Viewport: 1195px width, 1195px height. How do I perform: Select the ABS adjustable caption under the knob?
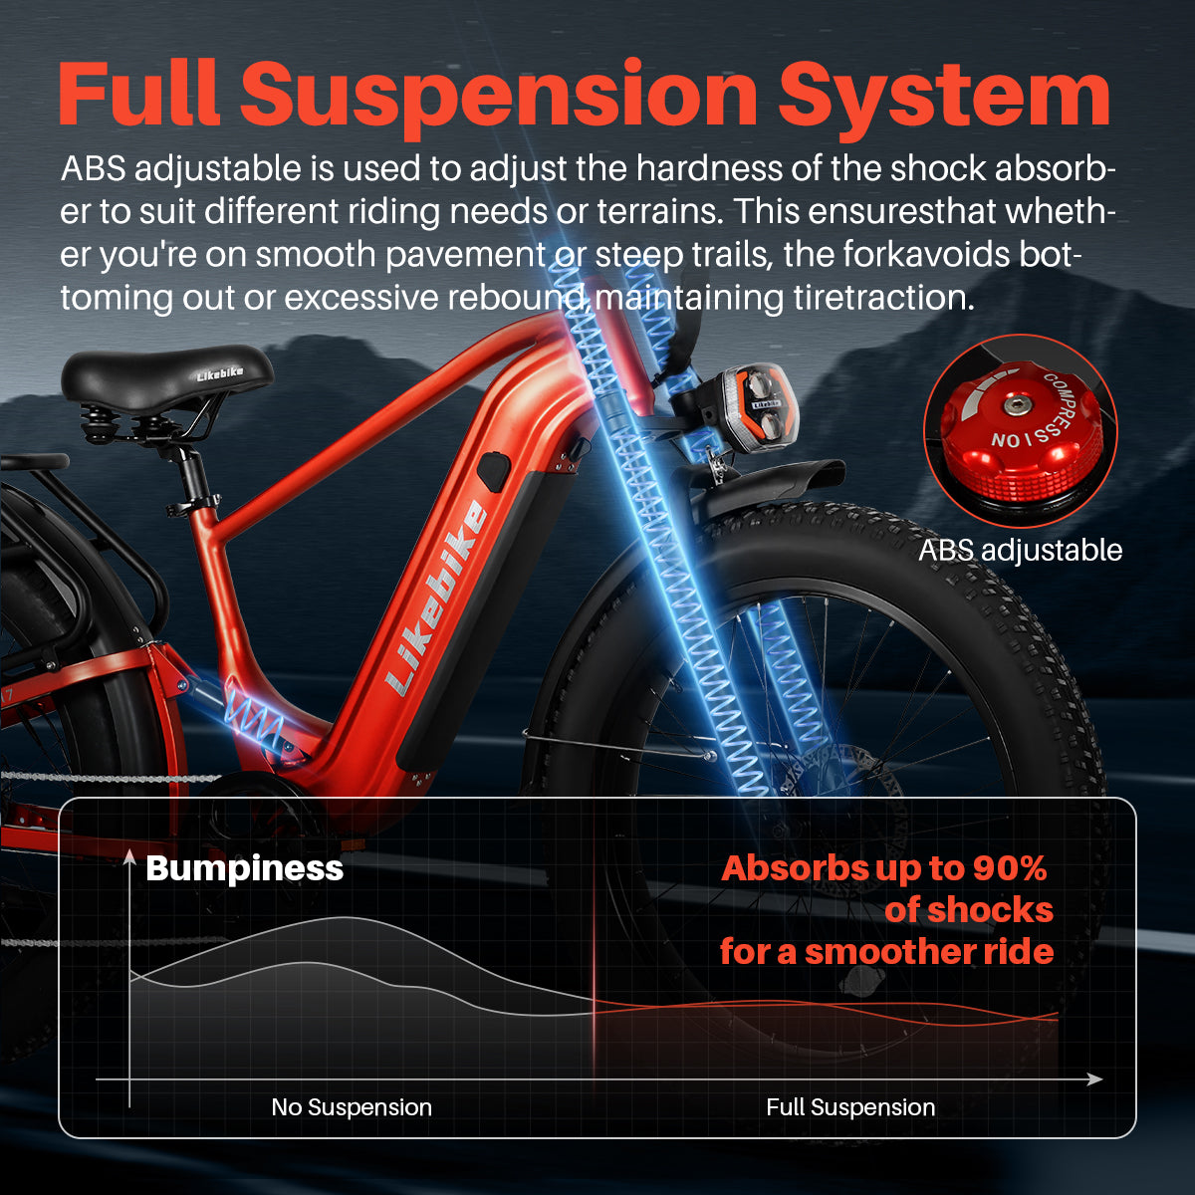coord(1020,550)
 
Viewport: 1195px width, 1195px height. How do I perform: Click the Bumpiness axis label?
coord(244,867)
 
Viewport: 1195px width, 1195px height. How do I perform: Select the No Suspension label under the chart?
coord(352,1106)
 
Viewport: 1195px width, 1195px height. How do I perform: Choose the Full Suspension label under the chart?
coord(850,1106)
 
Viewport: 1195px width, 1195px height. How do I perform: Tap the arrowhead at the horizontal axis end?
coord(1095,1079)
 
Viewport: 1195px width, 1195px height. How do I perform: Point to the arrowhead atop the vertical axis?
coord(129,857)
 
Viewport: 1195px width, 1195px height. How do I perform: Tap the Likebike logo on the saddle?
coord(219,373)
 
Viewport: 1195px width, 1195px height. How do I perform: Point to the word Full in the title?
coord(139,95)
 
